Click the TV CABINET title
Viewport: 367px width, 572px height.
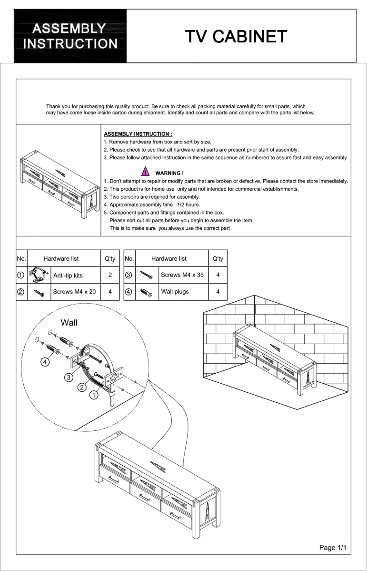point(236,36)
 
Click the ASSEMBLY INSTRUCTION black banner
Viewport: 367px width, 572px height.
point(70,36)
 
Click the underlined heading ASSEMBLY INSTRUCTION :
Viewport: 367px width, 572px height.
point(138,134)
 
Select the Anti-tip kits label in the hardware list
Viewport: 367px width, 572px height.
point(68,276)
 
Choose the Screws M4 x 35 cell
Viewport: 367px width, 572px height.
point(182,275)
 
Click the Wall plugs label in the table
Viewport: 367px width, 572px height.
point(175,292)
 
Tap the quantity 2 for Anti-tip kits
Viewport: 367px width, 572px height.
point(110,275)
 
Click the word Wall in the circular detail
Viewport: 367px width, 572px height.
point(69,323)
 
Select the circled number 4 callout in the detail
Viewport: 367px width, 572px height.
point(45,362)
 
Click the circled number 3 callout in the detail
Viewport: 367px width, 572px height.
point(69,377)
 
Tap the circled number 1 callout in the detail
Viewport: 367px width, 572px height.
point(94,395)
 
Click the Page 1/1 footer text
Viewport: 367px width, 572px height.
point(334,548)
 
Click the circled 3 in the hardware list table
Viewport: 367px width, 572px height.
point(129,275)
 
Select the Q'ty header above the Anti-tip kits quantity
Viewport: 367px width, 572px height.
point(110,258)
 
